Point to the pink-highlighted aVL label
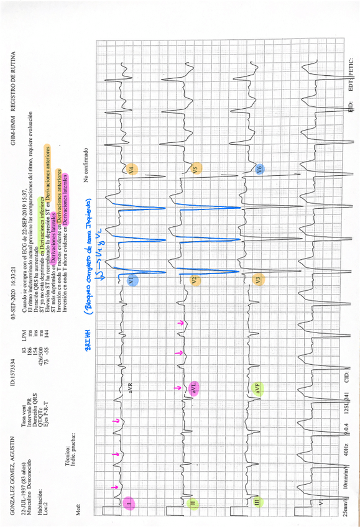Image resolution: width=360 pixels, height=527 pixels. pos(195,388)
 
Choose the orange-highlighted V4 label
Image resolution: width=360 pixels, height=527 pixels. pos(131,169)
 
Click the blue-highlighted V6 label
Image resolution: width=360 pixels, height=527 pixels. pos(259,168)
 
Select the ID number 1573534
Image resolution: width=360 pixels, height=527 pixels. pos(13,355)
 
